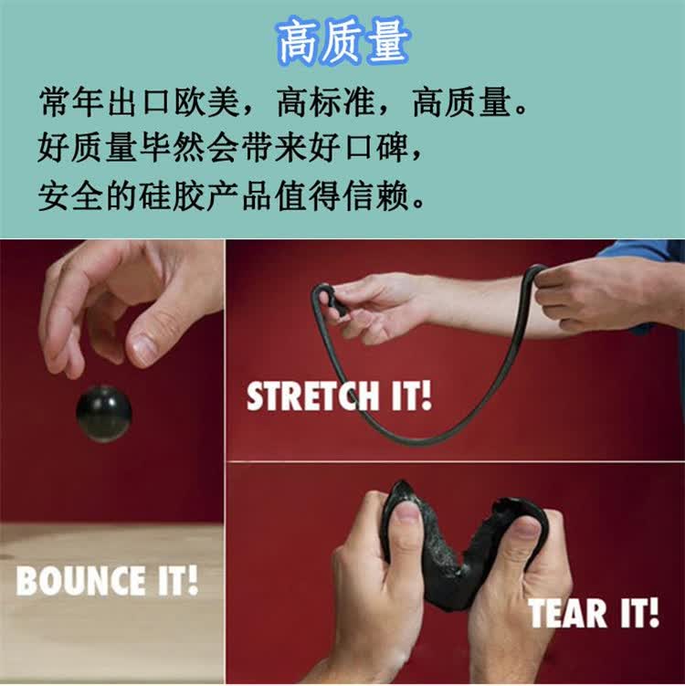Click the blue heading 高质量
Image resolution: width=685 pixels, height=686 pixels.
tap(343, 42)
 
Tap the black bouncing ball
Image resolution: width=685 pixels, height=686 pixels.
tap(104, 414)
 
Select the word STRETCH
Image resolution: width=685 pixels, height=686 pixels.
tap(312, 396)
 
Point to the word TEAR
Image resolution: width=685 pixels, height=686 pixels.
tap(568, 613)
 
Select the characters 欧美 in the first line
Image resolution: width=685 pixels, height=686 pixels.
tap(207, 103)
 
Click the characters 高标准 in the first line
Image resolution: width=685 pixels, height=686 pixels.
tap(325, 103)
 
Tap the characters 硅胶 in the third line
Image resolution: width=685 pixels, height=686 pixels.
tap(173, 195)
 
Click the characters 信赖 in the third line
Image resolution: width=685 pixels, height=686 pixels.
tap(376, 195)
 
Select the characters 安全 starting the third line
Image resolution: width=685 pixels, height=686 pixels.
tap(71, 195)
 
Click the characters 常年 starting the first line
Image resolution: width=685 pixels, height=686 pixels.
tap(71, 103)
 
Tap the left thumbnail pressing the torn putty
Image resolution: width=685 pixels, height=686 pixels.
tap(406, 512)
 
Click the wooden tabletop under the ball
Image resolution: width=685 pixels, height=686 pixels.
tap(112, 604)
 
